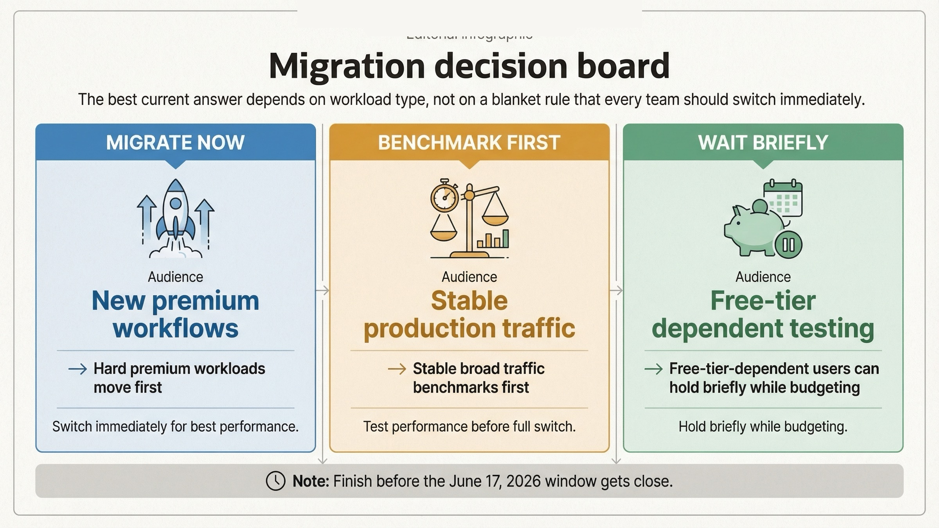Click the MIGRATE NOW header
coord(175,142)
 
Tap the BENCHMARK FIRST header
coord(469,142)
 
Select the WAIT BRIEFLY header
coord(763,142)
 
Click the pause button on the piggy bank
coord(788,245)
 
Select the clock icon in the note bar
coord(275,481)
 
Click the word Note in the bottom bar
coord(311,481)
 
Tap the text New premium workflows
coord(175,314)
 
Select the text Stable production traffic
coord(469,314)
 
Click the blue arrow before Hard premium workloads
coord(77,369)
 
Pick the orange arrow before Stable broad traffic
coord(397,369)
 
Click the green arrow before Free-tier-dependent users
coord(653,369)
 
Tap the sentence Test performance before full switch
coord(469,426)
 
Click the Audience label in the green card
coord(763,277)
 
